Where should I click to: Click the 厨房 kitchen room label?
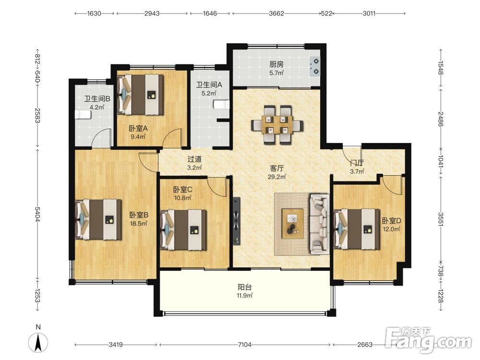coord(276,64)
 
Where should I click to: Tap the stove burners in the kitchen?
coord(315,66)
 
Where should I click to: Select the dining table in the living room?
coord(277,125)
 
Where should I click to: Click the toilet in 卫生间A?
coord(221,105)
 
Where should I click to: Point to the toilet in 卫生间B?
coord(83,115)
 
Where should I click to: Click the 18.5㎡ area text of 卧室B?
coord(139,224)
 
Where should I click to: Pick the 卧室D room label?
coord(392,221)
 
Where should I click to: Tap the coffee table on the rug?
coord(293,224)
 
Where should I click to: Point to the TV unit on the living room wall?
coord(236,221)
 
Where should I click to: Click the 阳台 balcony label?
coord(245,287)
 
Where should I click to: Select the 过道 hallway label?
coord(194,159)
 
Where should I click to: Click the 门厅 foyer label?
coord(357,163)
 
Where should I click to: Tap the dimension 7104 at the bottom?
coord(245,345)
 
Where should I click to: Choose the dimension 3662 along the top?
coord(276,13)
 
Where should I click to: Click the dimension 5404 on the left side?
coord(37,214)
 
